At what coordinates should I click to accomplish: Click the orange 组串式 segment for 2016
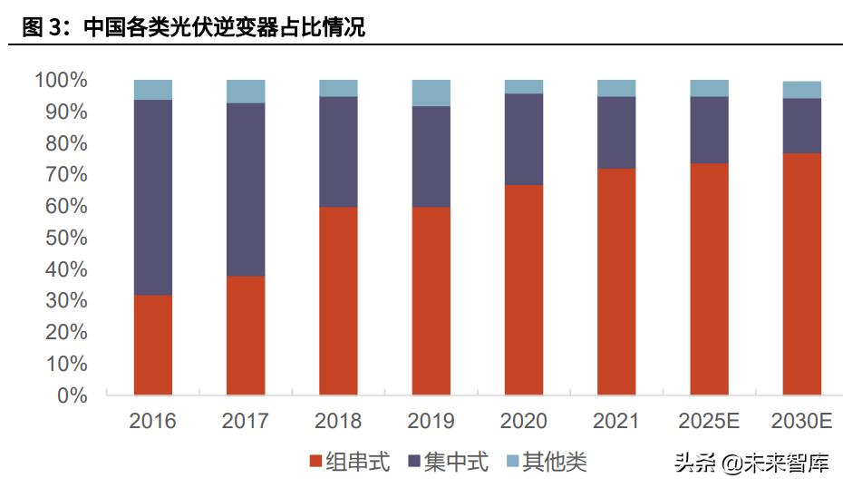[152, 345]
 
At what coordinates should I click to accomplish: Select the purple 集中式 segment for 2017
[246, 189]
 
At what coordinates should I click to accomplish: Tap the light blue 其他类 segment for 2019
[431, 93]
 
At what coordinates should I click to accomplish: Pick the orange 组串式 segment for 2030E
[801, 274]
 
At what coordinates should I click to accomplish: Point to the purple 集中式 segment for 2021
[616, 132]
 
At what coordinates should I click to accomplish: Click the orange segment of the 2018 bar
[338, 301]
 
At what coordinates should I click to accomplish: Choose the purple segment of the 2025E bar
[709, 130]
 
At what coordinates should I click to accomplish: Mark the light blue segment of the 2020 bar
[524, 86]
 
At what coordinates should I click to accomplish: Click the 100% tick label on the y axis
[61, 81]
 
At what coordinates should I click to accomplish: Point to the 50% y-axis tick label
[66, 239]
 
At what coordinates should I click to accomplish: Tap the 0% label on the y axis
[72, 395]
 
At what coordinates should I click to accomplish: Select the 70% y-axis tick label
[66, 175]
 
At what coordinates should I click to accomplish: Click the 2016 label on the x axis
[152, 422]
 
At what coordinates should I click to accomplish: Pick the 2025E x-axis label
[709, 422]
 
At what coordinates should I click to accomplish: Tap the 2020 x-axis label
[524, 422]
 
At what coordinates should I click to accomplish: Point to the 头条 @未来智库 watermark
[751, 464]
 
